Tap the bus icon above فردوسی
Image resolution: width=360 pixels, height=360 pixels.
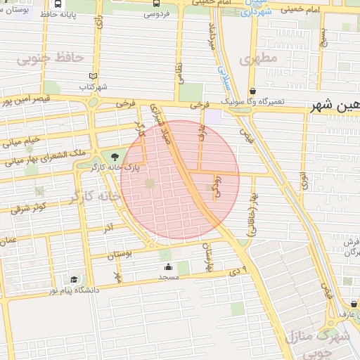pyautogui.click(x=156, y=3)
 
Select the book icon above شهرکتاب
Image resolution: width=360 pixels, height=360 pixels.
pyautogui.click(x=94, y=76)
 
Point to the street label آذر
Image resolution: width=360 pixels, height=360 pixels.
pyautogui.click(x=108, y=229)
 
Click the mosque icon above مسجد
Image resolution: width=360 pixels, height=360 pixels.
pyautogui.click(x=169, y=267)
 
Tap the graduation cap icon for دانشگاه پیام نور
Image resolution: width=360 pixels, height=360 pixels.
pyautogui.click(x=75, y=280)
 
